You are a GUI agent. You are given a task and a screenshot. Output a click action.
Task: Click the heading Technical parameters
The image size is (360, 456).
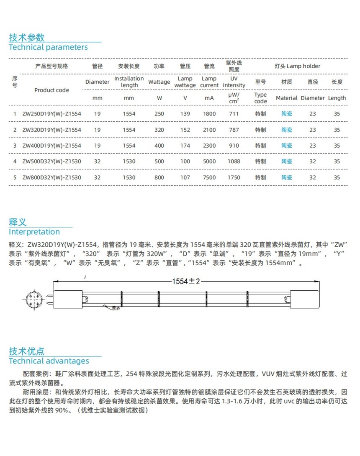point(49,47)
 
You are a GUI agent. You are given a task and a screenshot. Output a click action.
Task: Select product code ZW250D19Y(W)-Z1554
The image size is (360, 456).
point(52,114)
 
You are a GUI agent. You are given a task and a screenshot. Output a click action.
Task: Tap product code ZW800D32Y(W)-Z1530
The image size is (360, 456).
point(52,177)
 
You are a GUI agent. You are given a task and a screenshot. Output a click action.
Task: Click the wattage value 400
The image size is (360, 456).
point(159,146)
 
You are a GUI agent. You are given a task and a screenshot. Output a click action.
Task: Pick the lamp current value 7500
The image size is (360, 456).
point(209,177)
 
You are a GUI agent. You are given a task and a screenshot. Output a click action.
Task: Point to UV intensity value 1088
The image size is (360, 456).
point(234,161)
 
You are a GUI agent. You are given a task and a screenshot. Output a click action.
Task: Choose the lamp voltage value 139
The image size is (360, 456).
point(185,114)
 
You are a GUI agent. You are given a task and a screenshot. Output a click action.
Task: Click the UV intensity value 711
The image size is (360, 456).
point(234,114)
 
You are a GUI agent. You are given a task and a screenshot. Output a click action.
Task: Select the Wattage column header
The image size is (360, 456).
point(159,82)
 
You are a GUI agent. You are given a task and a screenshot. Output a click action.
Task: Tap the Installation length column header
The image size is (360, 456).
point(129,82)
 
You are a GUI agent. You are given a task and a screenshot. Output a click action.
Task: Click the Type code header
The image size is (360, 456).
point(260,98)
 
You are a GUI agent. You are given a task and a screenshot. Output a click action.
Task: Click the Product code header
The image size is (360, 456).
point(52,90)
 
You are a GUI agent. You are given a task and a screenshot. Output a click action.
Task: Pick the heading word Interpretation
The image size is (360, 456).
point(34,232)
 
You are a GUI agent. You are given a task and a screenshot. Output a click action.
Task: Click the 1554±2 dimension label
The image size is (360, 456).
point(187,281)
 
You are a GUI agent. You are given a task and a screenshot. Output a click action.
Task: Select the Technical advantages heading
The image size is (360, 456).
point(49,361)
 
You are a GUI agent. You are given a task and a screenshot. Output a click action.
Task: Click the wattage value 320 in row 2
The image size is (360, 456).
point(159,130)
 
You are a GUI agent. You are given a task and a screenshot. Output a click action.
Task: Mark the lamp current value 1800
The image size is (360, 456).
point(209,114)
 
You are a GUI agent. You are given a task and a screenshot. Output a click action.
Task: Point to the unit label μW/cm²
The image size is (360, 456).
point(234,98)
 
